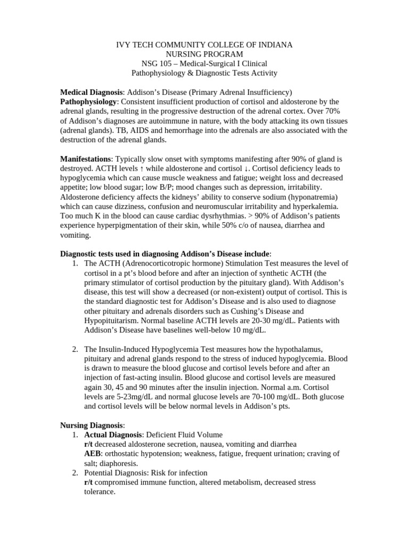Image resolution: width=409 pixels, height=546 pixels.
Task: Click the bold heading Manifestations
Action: (85, 159)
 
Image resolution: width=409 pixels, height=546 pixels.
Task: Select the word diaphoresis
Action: (119, 463)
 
